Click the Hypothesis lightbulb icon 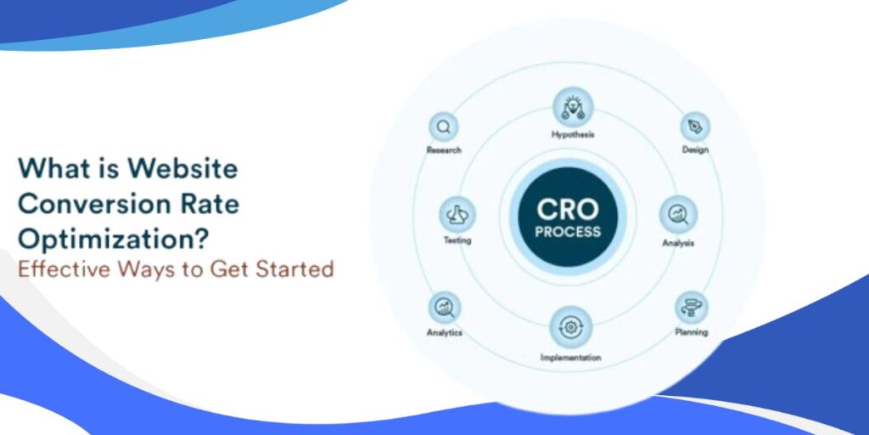click(x=573, y=107)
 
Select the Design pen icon click(x=695, y=127)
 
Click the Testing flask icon click(x=458, y=214)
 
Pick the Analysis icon click(x=679, y=214)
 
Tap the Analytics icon click(x=444, y=307)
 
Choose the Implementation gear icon click(x=570, y=327)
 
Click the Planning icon click(x=692, y=307)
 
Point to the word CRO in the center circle click(x=568, y=208)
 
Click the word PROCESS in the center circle click(x=568, y=232)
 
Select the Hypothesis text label click(x=573, y=134)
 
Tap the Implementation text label click(x=570, y=358)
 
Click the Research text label click(x=444, y=150)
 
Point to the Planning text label click(x=692, y=332)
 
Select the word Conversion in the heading click(x=85, y=204)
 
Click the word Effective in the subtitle click(x=56, y=270)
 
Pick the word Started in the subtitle click(x=294, y=270)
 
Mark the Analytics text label click(x=444, y=333)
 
